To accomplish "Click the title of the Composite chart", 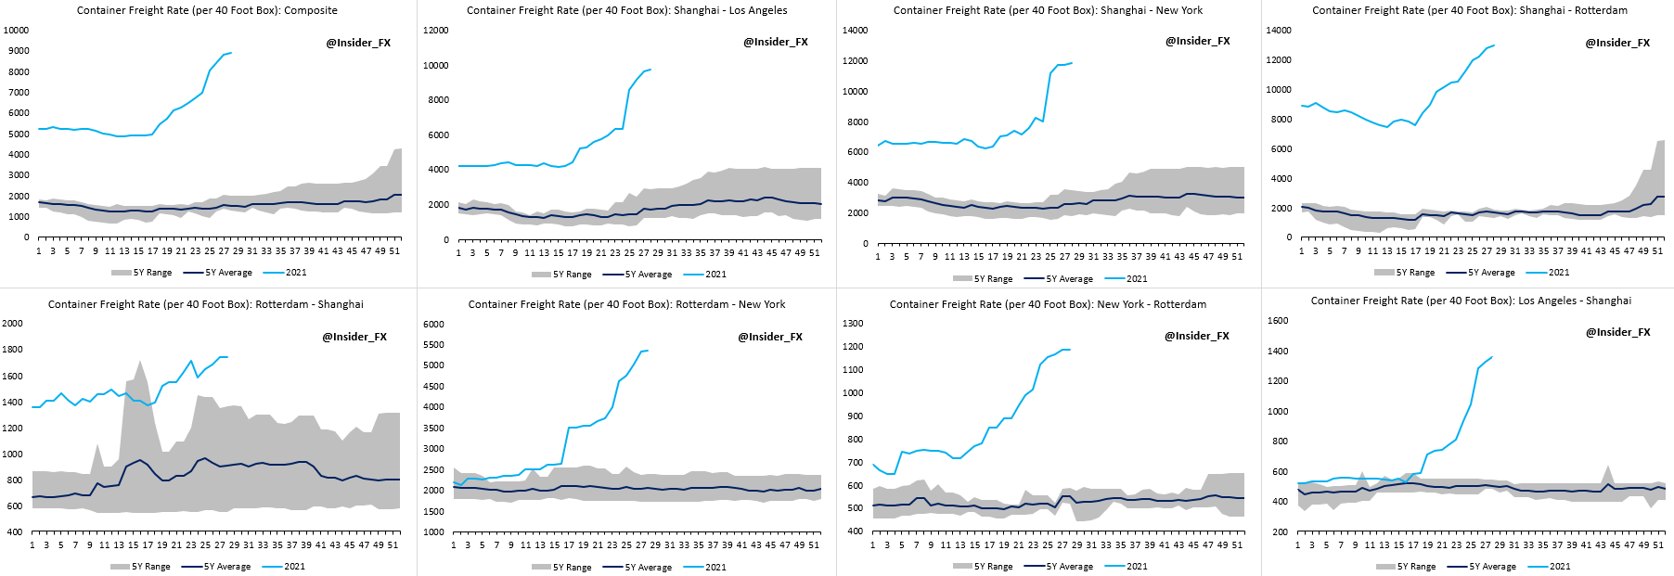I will click(207, 10).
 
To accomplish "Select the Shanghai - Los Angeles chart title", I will click(626, 10).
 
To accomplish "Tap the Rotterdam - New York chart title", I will click(626, 304).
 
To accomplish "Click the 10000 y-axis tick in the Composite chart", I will click(17, 30).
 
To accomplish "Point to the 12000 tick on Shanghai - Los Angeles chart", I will click(436, 31).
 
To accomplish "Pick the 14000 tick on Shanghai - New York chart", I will click(856, 31).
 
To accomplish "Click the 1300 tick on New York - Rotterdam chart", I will click(854, 324).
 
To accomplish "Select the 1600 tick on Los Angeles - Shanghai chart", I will click(1278, 321).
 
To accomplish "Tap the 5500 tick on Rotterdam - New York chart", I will click(433, 345).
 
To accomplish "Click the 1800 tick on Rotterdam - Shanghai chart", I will click(13, 350).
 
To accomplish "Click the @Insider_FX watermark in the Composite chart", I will click(358, 43).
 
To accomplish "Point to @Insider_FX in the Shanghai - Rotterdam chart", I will click(1617, 43).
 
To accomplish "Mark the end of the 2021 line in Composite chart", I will click(231, 53).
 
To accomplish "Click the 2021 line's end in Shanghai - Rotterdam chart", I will click(1494, 45).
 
